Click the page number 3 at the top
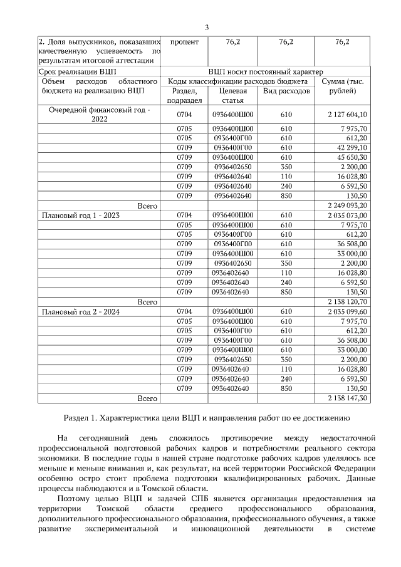click(206, 26)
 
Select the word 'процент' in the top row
click(184, 42)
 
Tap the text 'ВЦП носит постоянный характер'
click(266, 72)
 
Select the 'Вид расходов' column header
click(286, 91)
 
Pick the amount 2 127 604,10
click(347, 115)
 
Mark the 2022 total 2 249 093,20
click(347, 205)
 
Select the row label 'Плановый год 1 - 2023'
click(80, 215)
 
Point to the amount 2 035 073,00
click(347, 215)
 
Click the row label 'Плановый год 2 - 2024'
click(80, 311)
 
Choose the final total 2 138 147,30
click(347, 398)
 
